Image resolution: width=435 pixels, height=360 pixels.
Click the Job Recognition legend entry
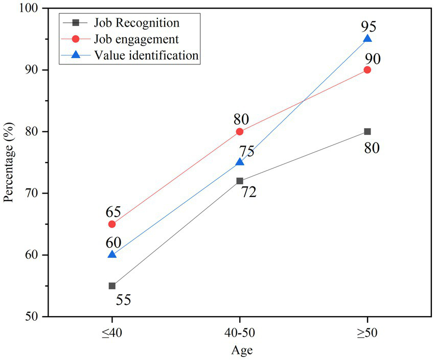[136, 23]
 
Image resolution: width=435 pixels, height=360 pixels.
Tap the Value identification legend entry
[146, 55]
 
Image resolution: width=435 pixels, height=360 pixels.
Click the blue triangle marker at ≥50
[367, 39]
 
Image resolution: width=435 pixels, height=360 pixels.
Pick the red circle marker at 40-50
[240, 132]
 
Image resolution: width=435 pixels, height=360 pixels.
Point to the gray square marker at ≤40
[112, 286]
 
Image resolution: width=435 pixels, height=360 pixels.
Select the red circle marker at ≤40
[112, 224]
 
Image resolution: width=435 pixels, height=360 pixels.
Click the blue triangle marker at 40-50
[240, 162]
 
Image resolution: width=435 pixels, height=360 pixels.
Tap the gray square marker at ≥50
[367, 132]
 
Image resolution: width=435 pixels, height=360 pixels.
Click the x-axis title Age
[240, 351]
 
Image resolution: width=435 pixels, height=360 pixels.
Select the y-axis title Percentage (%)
[9, 162]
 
